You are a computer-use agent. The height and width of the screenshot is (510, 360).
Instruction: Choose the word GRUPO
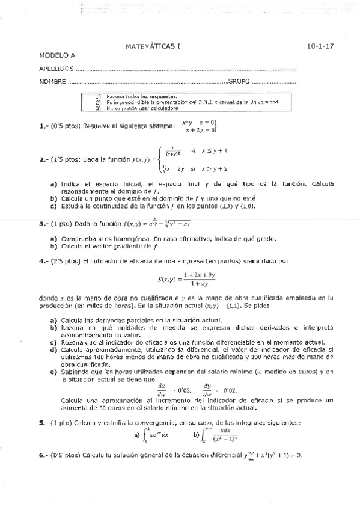click(240, 81)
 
